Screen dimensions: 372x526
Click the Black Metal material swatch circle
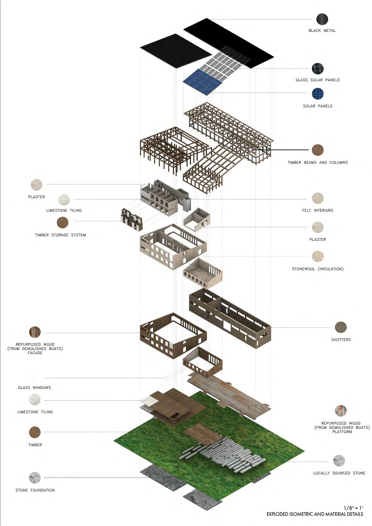tap(322, 19)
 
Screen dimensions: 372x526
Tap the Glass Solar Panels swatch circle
tap(318, 69)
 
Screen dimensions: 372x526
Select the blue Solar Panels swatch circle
tap(318, 94)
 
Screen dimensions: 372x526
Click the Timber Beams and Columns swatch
tap(318, 150)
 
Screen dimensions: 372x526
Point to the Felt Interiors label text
tap(318, 211)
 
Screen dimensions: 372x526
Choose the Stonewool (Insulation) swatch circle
tap(318, 256)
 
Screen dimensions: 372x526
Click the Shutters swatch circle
tap(341, 327)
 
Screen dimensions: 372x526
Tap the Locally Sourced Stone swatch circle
tap(339, 461)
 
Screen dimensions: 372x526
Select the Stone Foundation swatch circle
tap(35, 478)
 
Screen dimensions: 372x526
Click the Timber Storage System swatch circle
tap(62, 223)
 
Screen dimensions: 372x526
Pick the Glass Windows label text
tap(34, 388)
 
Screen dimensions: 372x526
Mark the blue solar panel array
tap(200, 81)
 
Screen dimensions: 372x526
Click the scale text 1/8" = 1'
tap(353, 508)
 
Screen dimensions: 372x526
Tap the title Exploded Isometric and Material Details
tap(315, 514)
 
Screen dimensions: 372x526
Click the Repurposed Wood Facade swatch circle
tap(35, 332)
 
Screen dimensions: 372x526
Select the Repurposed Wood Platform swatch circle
tap(341, 411)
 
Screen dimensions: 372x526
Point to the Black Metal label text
tap(322, 31)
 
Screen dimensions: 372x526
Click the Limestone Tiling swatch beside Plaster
tap(64, 199)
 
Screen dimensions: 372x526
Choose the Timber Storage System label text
tap(60, 235)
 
